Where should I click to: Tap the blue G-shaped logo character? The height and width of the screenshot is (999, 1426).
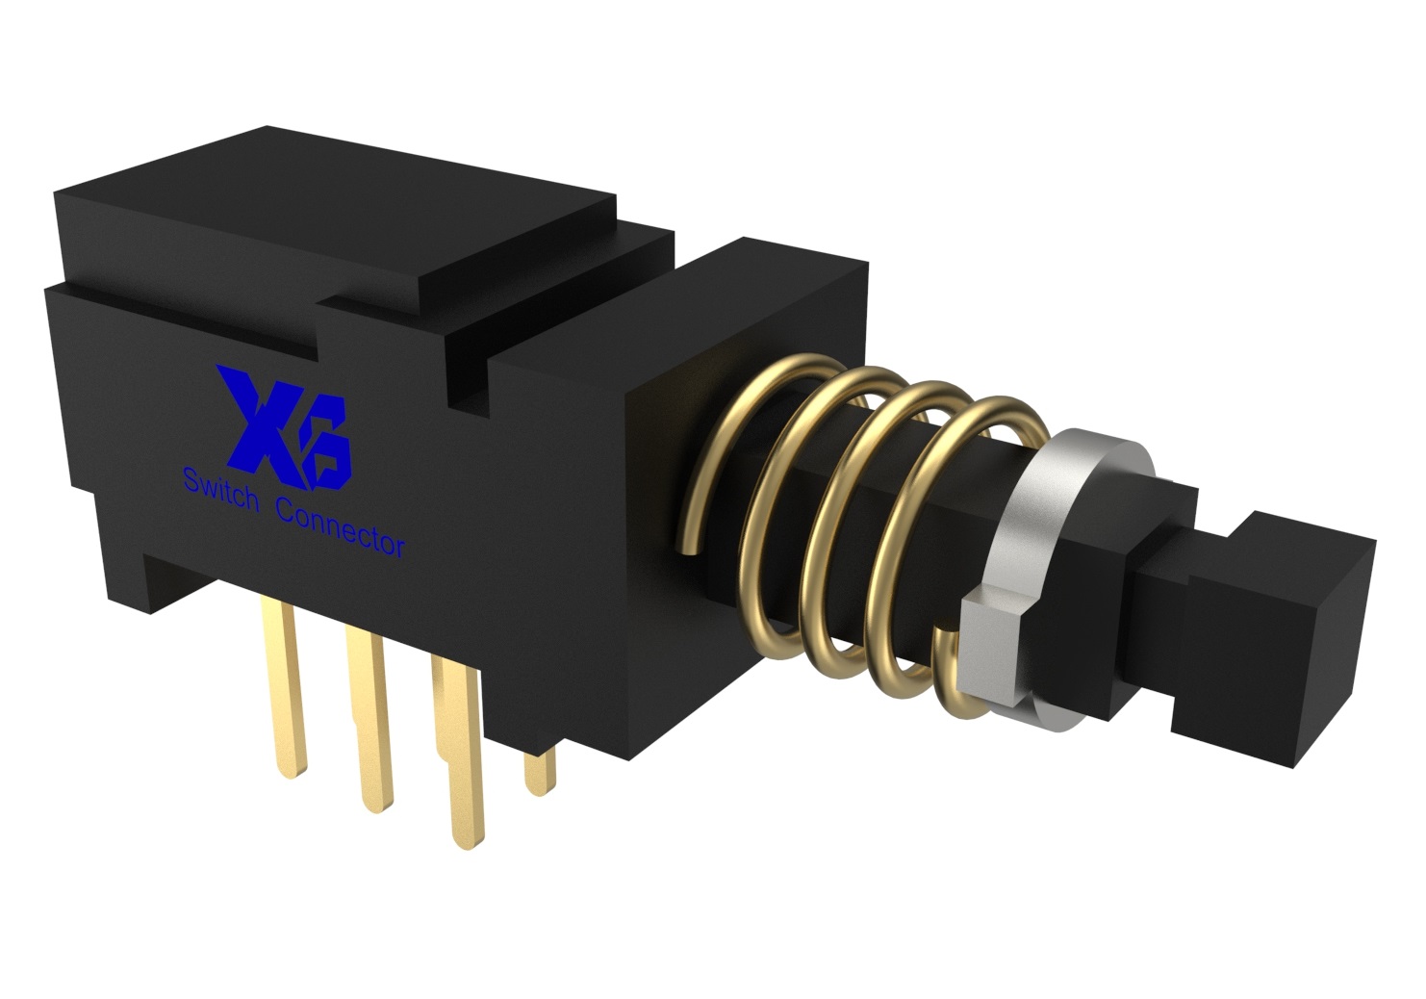tap(326, 446)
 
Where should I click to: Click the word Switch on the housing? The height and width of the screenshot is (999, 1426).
tap(221, 488)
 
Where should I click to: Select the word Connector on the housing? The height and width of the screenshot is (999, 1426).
tap(343, 527)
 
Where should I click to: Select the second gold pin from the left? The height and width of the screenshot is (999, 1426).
tap(369, 720)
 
